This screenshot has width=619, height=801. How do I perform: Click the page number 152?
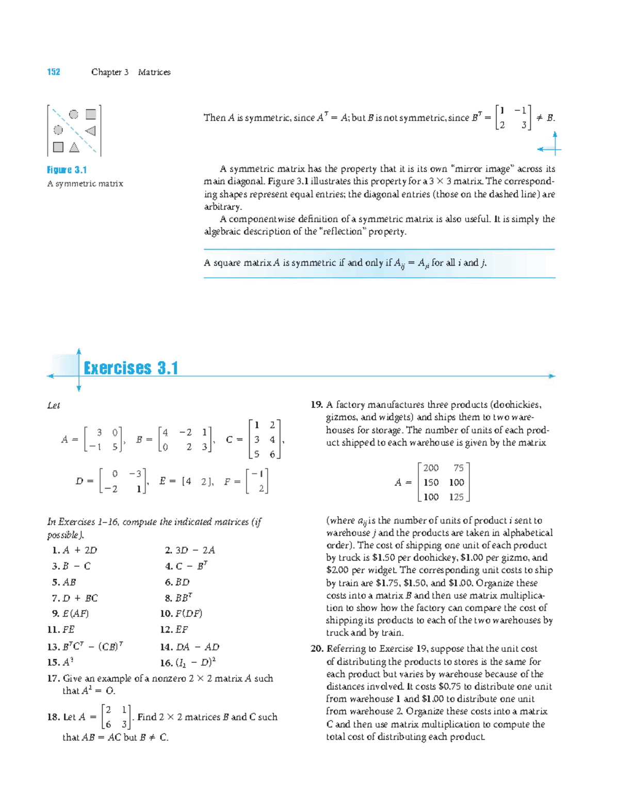coord(54,72)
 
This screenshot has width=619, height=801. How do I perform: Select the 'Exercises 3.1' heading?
coord(131,368)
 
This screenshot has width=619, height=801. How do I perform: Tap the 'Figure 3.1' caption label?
coord(67,170)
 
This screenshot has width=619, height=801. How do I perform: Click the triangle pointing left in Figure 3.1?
coord(90,130)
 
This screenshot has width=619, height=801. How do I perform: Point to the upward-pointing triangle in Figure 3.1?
coord(74,148)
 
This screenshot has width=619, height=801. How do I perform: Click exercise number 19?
coord(316,405)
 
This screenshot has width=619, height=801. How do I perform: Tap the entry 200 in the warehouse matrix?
coord(431,468)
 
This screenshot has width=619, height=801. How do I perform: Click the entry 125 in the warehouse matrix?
coord(456,497)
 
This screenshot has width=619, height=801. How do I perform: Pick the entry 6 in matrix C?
coord(272,454)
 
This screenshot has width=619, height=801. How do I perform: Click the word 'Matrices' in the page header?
coord(154,72)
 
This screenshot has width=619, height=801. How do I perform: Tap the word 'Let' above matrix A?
coord(53,406)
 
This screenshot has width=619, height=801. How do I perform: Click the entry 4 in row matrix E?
coord(189,481)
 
